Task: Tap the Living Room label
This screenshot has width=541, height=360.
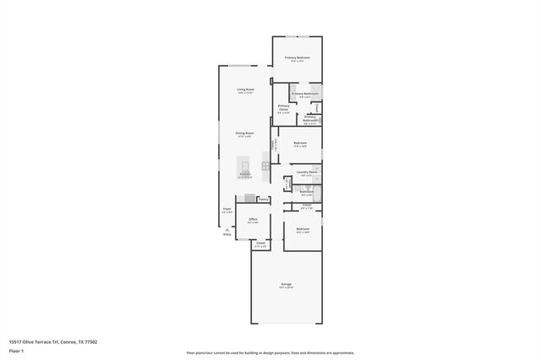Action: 246,90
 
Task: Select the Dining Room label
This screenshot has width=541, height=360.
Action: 246,133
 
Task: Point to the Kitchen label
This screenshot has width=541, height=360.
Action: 244,174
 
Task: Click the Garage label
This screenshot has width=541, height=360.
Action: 287,283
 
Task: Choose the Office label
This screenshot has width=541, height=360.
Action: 253,220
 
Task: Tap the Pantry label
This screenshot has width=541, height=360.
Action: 264,199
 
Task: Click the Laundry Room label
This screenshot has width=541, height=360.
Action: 307,172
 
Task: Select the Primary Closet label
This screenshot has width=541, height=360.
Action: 283,107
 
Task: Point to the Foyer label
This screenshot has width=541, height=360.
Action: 227,210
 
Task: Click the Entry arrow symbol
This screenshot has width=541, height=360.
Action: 226,229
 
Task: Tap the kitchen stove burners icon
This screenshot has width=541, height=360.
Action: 265,166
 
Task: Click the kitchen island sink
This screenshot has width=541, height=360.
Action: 245,165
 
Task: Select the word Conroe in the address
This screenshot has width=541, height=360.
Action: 72,342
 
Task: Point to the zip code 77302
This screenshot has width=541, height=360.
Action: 90,342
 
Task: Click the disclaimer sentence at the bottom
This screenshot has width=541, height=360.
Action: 270,352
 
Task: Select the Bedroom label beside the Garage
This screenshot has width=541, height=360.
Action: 303,229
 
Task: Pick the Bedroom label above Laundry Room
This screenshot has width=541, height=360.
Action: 300,143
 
